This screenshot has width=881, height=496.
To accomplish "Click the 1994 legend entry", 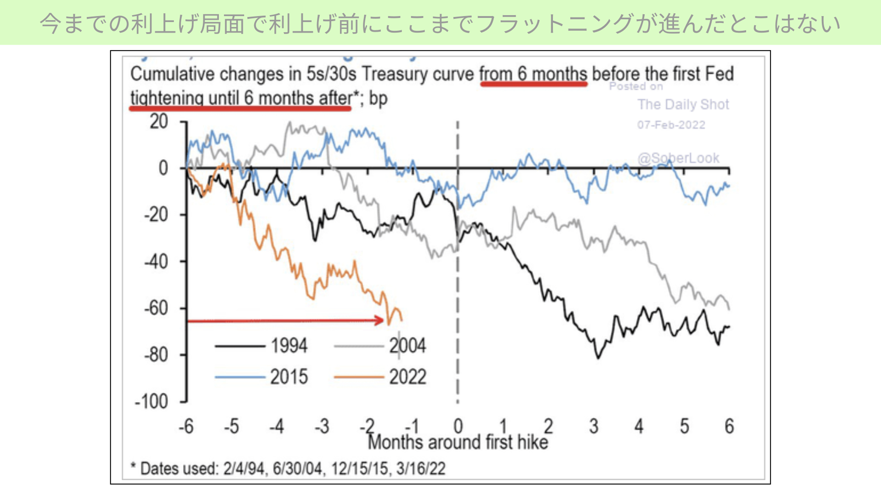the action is tap(261, 346).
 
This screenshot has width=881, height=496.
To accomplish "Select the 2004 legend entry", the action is tap(380, 346).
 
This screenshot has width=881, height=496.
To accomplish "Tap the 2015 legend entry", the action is tap(261, 377).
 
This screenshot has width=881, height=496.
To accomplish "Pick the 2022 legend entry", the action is tap(380, 377).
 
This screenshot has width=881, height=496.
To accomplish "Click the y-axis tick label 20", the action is tap(159, 122).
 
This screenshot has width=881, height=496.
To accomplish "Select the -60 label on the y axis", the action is tap(156, 308).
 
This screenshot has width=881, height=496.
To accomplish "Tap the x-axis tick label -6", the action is tap(186, 426).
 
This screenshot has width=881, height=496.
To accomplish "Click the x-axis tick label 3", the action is tap(594, 426).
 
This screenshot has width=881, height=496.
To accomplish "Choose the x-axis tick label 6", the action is tap(729, 426).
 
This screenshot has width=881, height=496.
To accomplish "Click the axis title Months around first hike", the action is tap(458, 442).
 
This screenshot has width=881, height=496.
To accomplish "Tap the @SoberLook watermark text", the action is tap(678, 158).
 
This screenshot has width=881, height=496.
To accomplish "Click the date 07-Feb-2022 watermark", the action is tap(671, 125).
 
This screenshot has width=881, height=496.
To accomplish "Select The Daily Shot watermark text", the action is tap(683, 105).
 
